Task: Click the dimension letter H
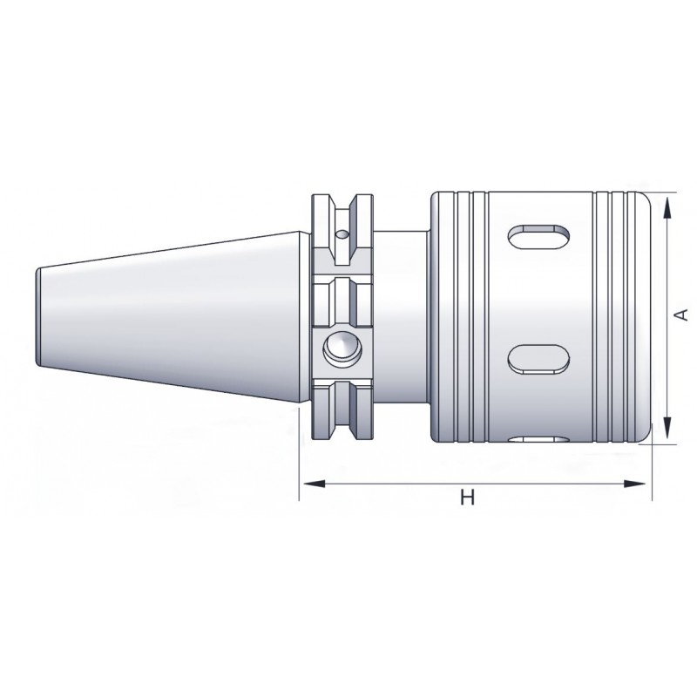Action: coord(467,497)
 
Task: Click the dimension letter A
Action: coord(680,315)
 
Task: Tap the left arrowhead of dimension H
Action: coord(313,484)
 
